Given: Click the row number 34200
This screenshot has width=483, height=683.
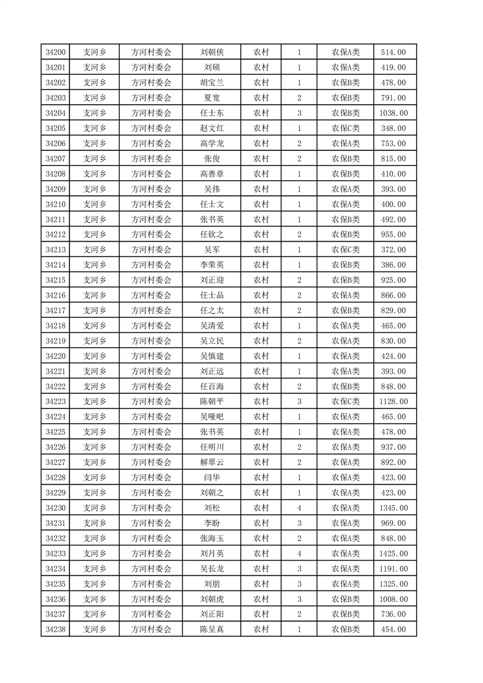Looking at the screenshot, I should coord(55,52).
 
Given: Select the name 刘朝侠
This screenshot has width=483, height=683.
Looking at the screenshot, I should coord(211,52).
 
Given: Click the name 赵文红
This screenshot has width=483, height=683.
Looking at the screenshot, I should coord(211,128).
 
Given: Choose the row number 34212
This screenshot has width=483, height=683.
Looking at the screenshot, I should coord(55,234).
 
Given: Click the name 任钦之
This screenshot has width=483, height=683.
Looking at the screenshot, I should coord(211,234).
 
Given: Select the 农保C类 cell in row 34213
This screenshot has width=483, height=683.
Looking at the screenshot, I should coord(345,250).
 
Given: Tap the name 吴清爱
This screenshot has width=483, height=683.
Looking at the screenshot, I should coord(211,326).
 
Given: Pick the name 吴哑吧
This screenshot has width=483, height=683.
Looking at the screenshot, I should coord(211,417).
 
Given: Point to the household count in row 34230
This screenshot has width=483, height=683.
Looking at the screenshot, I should coord(299,508).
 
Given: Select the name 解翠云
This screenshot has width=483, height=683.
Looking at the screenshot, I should coord(211,463).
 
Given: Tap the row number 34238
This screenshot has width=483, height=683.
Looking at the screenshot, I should coord(55,629).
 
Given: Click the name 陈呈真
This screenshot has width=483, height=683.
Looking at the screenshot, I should coord(211,629).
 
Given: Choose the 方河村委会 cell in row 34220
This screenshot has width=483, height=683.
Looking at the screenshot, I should coord(152,356).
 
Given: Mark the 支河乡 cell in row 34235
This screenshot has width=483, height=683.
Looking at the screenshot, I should coord(94,584).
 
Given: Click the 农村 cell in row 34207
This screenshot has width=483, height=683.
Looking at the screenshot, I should coord(261,159).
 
